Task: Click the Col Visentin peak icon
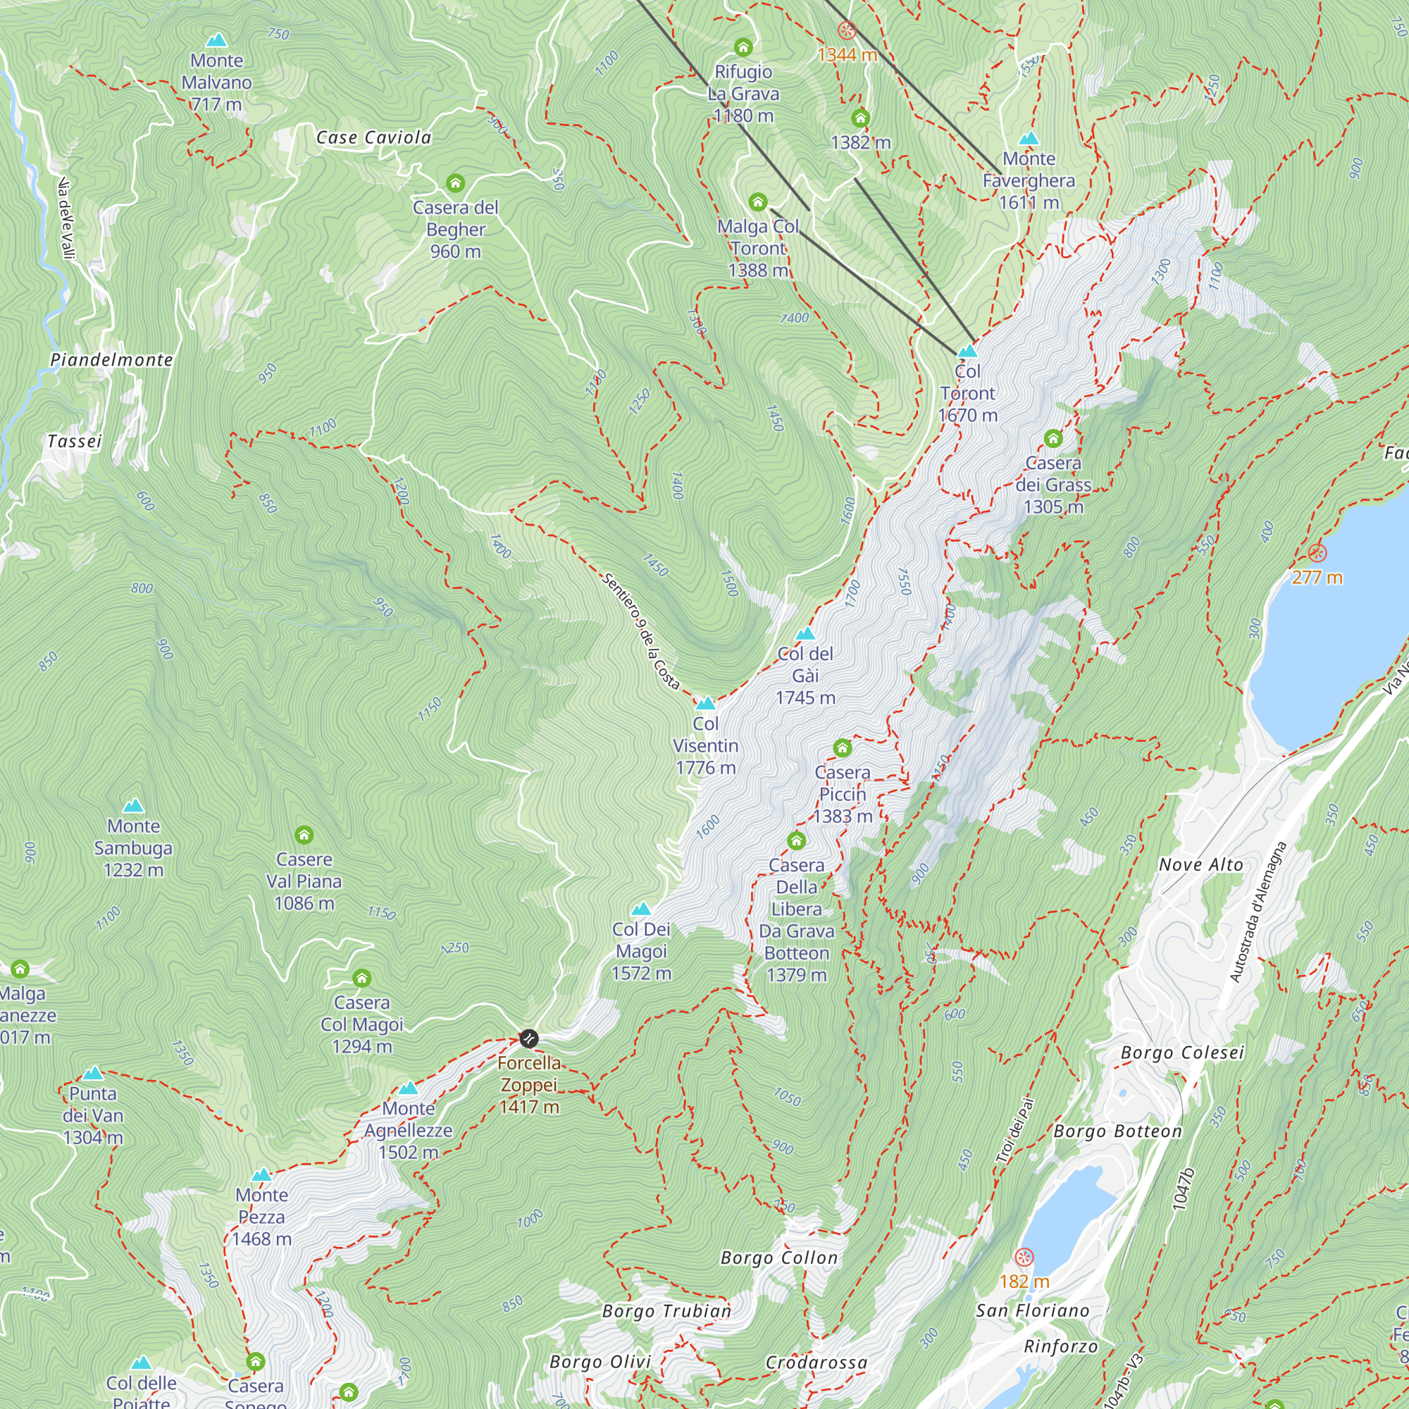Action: (705, 703)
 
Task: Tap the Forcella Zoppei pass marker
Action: (529, 1038)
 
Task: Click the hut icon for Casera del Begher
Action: (455, 182)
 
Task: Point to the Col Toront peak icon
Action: (967, 351)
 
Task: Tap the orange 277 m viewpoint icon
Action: (1317, 552)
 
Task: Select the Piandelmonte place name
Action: (111, 359)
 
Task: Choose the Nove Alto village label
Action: (1200, 865)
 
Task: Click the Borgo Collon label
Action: (779, 1258)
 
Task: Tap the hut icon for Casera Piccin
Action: (843, 747)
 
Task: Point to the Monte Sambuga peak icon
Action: (132, 806)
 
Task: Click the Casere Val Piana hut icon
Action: (304, 834)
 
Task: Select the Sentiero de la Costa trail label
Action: (641, 631)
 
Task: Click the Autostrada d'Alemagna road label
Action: (1258, 912)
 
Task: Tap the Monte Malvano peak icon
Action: (216, 40)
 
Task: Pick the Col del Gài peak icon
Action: (805, 633)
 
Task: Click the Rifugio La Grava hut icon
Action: (743, 47)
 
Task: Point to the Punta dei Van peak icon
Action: (92, 1074)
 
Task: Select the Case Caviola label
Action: (373, 138)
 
